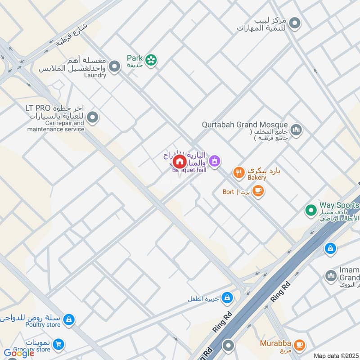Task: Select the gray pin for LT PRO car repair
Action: coord(93,118)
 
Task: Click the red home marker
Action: coord(180,162)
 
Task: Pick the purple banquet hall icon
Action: coord(215,160)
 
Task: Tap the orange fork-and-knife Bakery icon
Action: coord(238,171)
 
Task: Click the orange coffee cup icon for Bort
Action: coord(257,192)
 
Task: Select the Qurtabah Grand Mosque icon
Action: coord(296,130)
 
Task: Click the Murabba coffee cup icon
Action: coord(299,346)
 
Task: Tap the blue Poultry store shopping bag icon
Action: coord(68,319)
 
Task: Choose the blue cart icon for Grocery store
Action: coord(58,345)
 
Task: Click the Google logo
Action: coord(19,353)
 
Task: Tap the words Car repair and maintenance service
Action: coord(56,126)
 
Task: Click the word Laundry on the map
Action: coord(95,75)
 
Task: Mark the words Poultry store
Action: coord(43,325)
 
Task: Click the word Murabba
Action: coord(275,343)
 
